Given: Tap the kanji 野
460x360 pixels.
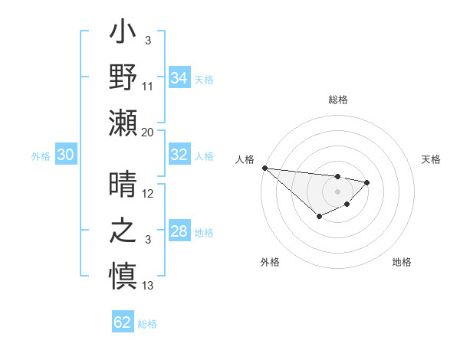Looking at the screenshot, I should tap(123, 77).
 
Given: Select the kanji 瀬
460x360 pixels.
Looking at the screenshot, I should tap(123, 122).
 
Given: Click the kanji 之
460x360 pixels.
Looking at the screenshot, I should tap(123, 230).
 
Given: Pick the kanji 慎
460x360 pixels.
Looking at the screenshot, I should tap(123, 273).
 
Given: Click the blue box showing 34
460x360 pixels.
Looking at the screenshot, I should tap(179, 77).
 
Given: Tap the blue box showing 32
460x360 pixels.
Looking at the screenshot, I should tap(179, 155).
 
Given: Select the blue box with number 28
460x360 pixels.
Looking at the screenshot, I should tap(179, 231).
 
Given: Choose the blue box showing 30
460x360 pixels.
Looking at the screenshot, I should tap(65, 155).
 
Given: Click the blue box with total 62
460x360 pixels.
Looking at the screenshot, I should tap(123, 322).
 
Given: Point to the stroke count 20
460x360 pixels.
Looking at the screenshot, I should tap(148, 133).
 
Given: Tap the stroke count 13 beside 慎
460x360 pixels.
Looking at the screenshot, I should tap(148, 286).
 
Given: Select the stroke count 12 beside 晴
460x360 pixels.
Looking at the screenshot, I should tap(148, 195).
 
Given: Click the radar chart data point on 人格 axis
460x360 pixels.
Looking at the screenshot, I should tap(264, 168).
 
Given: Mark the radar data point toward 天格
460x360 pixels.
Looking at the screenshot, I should tap(367, 182).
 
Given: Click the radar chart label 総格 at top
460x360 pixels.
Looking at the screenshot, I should tap(337, 100).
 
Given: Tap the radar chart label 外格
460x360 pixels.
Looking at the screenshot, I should tap(270, 262).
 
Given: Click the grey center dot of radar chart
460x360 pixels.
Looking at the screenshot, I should tap(337, 191).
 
